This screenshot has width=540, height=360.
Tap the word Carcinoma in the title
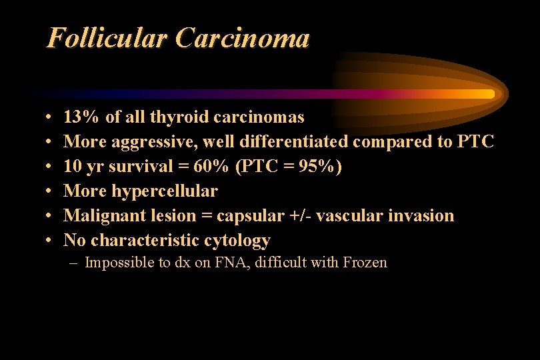[x=243, y=39]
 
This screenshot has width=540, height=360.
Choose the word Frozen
[x=365, y=263]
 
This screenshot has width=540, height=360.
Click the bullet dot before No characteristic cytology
[x=51, y=241]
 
